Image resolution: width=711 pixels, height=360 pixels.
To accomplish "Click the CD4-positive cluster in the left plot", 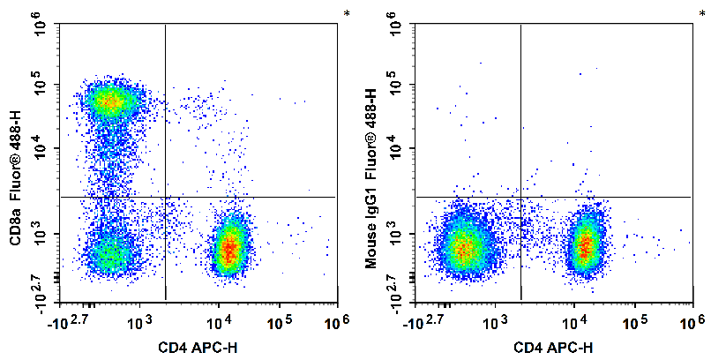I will click(228, 248).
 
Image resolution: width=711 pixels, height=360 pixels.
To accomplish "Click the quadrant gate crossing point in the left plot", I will click(166, 197).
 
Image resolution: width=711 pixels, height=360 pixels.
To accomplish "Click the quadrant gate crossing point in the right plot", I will click(520, 197).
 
